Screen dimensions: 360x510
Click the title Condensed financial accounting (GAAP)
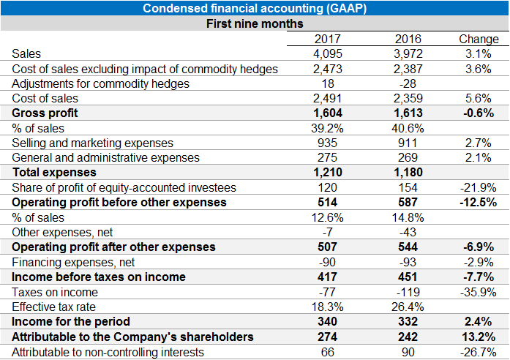pos(255,9)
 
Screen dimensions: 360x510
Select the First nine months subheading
pos(255,23)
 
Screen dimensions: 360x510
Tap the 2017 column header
pos(327,39)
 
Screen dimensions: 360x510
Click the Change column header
pos(478,39)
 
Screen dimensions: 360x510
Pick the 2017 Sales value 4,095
pos(327,53)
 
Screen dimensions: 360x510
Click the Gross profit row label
pos(45,113)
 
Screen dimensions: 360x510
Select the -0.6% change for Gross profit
pos(479,113)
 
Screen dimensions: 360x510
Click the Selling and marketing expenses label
pos(93,143)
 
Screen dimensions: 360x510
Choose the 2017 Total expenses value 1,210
pos(327,173)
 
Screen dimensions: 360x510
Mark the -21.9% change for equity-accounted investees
pos(479,187)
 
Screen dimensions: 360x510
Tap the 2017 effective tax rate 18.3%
pos(327,307)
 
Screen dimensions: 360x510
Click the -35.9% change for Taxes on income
pos(479,292)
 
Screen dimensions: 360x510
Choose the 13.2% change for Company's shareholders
pos(479,337)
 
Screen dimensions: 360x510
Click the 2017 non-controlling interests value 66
pos(327,352)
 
